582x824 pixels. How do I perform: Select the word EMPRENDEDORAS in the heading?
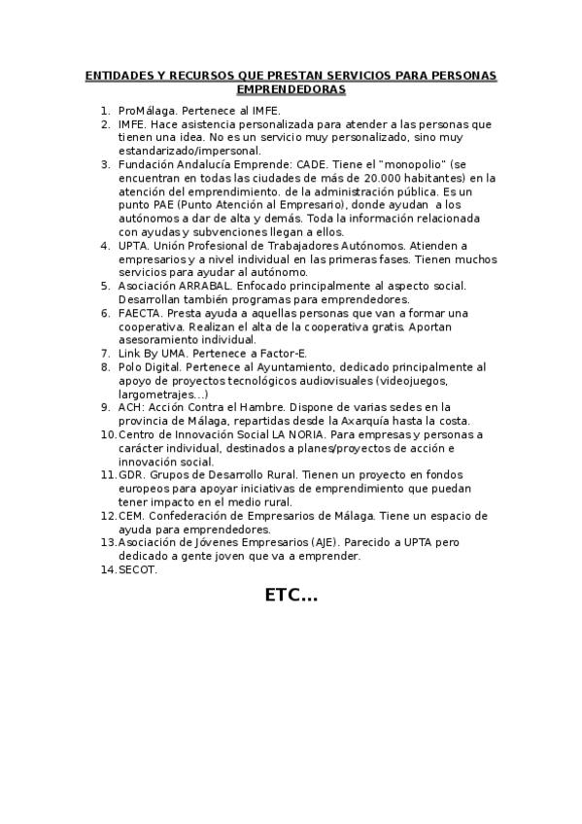(x=291, y=88)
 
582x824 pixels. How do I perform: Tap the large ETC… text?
(x=291, y=595)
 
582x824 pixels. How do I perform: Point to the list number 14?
(x=108, y=569)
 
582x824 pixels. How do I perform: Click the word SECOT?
(x=137, y=569)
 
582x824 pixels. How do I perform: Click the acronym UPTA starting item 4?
(x=133, y=246)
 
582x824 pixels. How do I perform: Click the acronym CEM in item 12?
(x=131, y=515)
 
